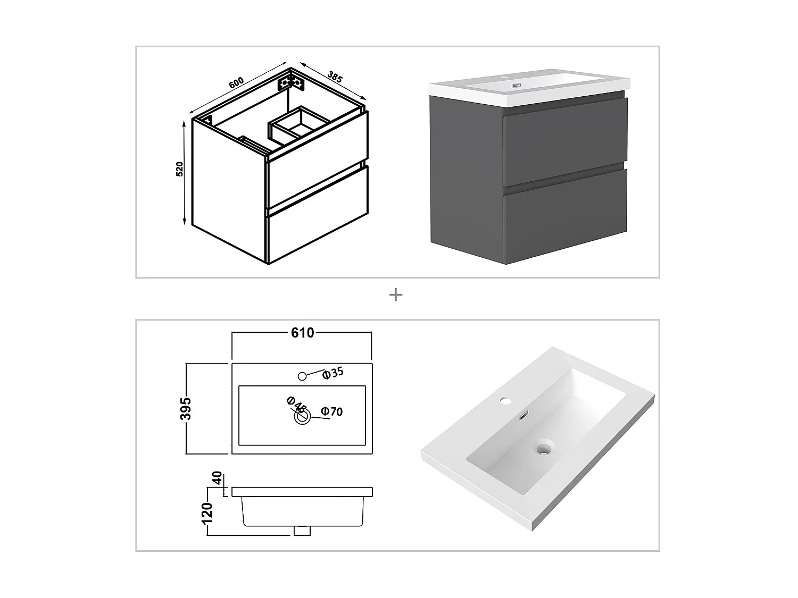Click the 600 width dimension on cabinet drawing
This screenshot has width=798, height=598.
coord(236,83)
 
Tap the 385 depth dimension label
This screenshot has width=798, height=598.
coord(335,77)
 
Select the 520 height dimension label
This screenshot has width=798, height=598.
coord(180,169)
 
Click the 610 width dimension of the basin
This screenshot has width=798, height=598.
coord(303,333)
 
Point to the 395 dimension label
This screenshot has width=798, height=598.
coord(186,408)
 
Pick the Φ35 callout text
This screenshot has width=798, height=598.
coord(332,373)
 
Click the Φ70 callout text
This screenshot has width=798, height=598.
coord(332,411)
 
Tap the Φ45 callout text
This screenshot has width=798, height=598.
coord(296,405)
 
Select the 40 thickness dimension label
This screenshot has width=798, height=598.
coord(217,478)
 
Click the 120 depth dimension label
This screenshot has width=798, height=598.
coord(207,513)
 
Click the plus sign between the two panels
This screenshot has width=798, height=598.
coord(396,295)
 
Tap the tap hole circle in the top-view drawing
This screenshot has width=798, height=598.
coord(302,376)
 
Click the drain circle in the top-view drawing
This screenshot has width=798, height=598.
coord(302,416)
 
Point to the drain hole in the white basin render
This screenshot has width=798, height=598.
coord(543,449)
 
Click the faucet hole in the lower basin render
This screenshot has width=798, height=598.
coord(505,401)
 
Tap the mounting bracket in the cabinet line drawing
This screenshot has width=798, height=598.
coord(291,83)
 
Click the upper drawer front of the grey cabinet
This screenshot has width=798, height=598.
coord(564,141)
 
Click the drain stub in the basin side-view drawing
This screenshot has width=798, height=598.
coord(302,531)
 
